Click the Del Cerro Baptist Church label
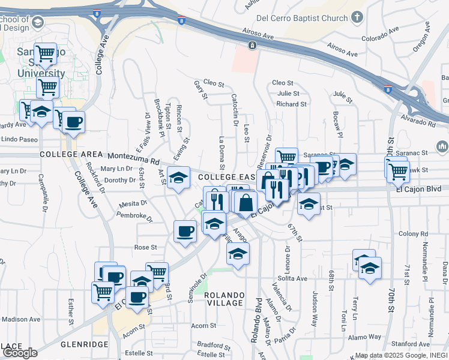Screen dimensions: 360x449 pyautogui.click(x=301, y=19)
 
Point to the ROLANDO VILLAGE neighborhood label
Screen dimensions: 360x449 pyautogui.click(x=224, y=299)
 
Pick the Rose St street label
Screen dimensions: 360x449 pyautogui.click(x=145, y=247)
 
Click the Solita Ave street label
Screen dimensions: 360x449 pyautogui.click(x=292, y=278)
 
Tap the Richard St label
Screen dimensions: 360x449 pyautogui.click(x=291, y=104)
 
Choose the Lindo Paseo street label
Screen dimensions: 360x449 pyautogui.click(x=20, y=139)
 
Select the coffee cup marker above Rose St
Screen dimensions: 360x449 pyautogui.click(x=185, y=231)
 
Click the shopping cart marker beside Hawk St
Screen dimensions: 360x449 pyautogui.click(x=397, y=172)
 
